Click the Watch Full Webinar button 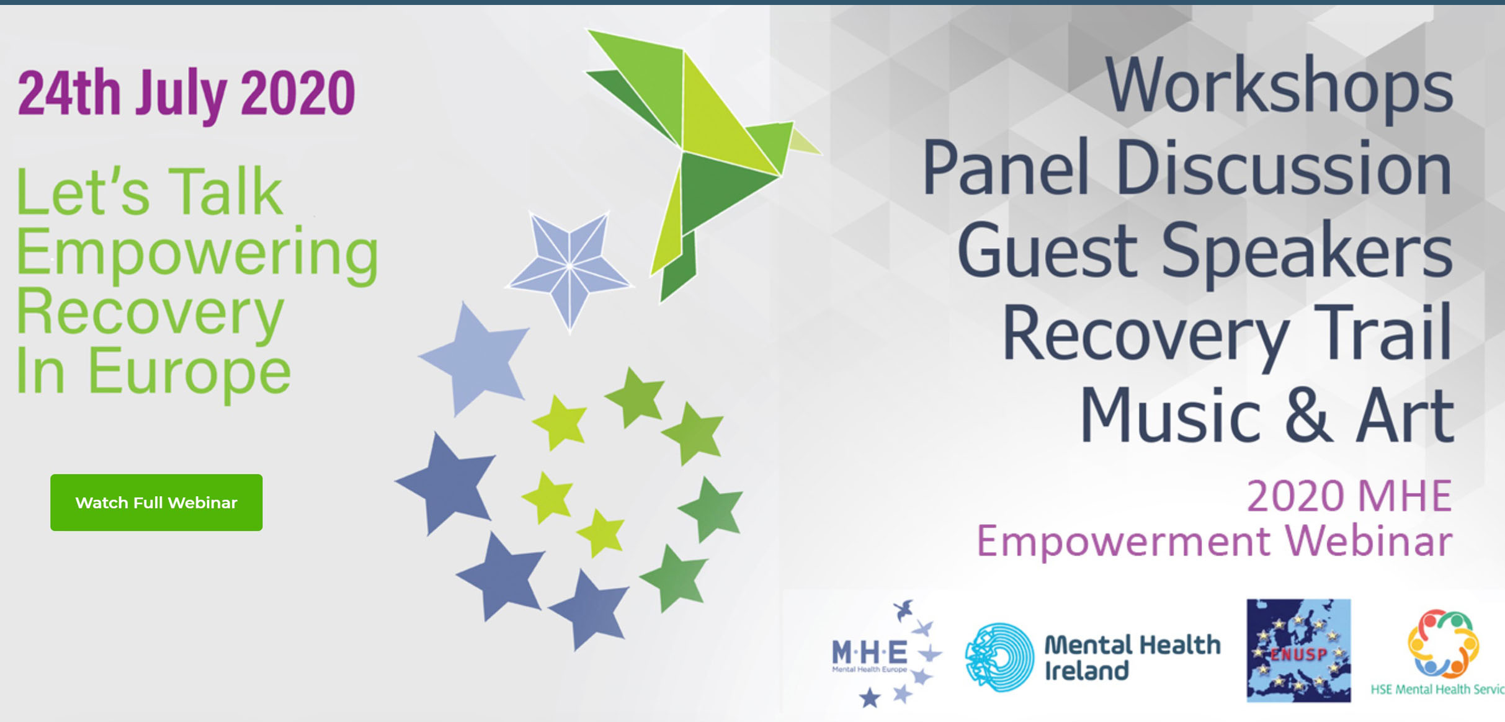[156, 502]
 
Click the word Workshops [1279, 86]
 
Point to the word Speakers [1306, 252]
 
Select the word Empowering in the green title [197, 255]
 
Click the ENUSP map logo [1298, 650]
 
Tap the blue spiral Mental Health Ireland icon [999, 657]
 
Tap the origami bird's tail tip [661, 301]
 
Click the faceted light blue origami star [569, 270]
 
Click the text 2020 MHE [1349, 496]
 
